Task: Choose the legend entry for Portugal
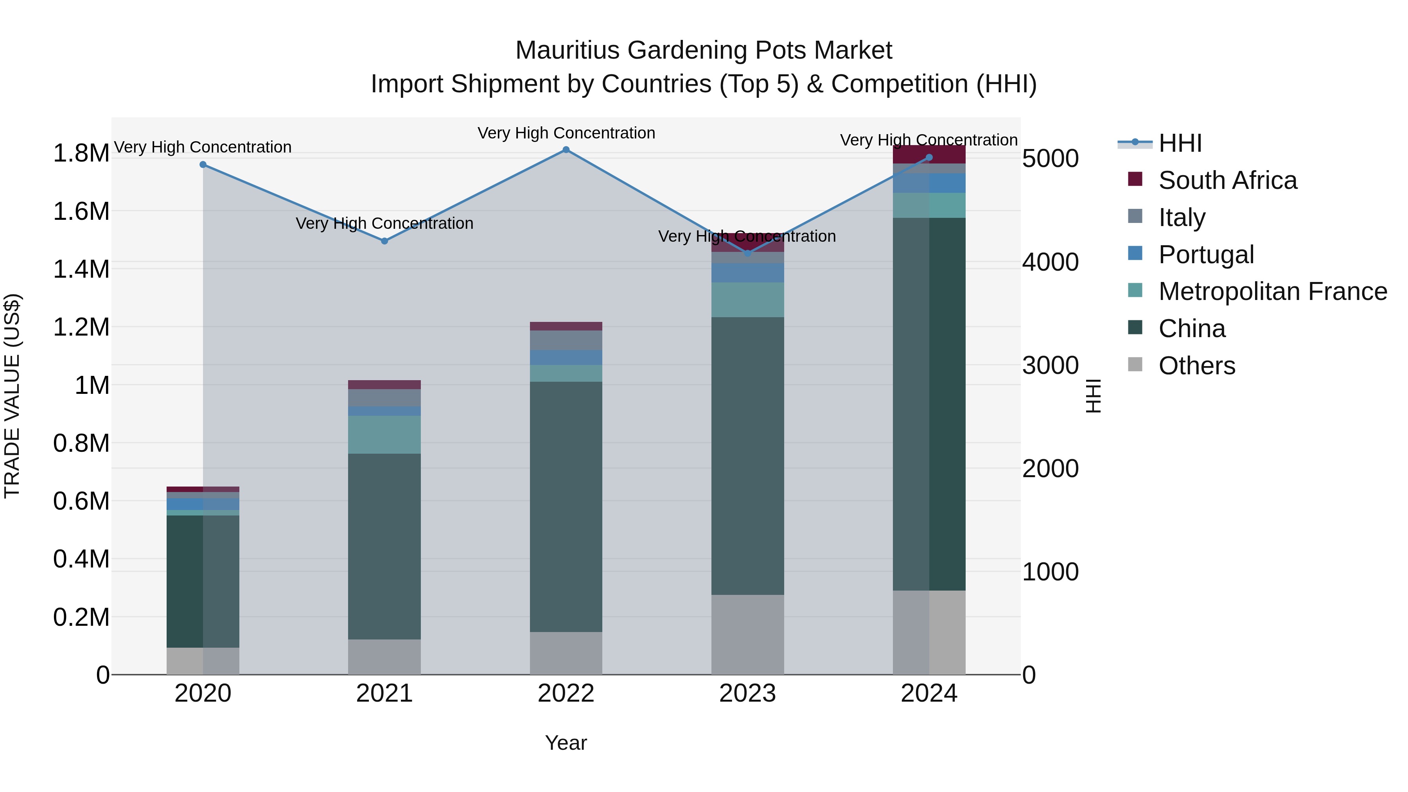pyautogui.click(x=1205, y=255)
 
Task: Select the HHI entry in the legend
pyautogui.click(x=1180, y=143)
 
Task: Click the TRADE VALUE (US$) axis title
pyautogui.click(x=12, y=396)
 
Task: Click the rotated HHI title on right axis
pyautogui.click(x=1093, y=396)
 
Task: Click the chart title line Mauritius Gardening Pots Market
pyautogui.click(x=704, y=50)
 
